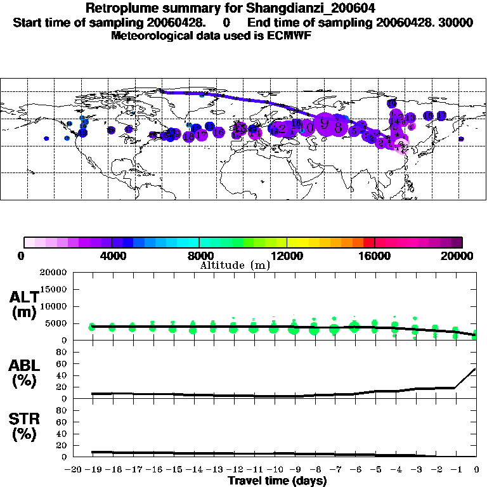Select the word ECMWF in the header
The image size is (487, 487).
(x=290, y=36)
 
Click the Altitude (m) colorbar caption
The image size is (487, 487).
(x=235, y=265)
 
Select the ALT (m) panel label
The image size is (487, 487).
(x=25, y=304)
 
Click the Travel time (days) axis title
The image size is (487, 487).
(x=277, y=481)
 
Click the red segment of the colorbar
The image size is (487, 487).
(x=368, y=242)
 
